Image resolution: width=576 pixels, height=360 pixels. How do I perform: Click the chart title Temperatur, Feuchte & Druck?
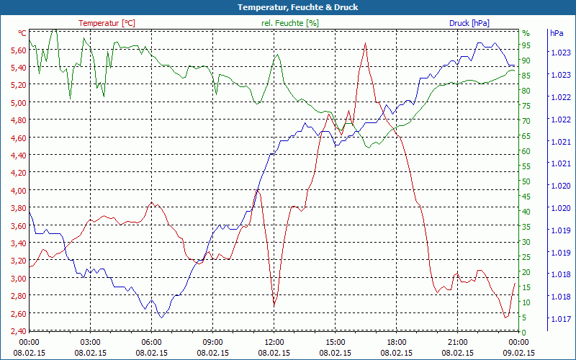tap(288, 7)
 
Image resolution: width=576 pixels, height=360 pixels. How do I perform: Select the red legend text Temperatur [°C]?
tap(107, 23)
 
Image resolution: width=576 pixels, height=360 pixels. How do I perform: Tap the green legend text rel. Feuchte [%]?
tap(289, 23)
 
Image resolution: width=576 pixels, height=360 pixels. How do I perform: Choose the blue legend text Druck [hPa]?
tap(469, 23)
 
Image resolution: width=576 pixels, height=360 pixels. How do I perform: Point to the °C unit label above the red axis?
tap(22, 33)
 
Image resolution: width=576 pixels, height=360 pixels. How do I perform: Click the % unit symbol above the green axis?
tap(526, 33)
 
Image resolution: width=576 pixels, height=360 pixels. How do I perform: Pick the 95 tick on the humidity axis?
tap(526, 45)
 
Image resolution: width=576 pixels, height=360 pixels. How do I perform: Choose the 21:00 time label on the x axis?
tap(458, 342)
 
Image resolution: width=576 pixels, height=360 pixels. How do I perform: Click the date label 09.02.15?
tap(518, 353)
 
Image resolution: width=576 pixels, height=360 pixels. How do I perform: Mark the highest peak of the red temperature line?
tap(366, 43)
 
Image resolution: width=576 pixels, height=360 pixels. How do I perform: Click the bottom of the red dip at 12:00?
tap(274, 306)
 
